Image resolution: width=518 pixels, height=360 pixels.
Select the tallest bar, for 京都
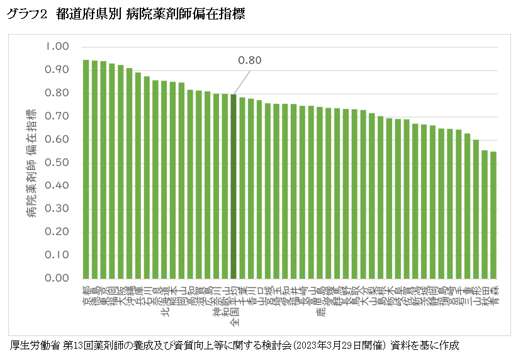pyautogui.click(x=86, y=169)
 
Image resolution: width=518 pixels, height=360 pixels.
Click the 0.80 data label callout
pyautogui.click(x=249, y=60)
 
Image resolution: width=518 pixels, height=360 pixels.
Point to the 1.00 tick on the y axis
pyautogui.click(x=57, y=47)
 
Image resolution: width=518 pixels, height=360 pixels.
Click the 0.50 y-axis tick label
pyautogui.click(x=57, y=163)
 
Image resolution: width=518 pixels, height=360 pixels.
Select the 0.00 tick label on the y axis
pyautogui.click(x=57, y=278)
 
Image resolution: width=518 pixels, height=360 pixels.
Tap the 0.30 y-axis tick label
pyautogui.click(x=57, y=209)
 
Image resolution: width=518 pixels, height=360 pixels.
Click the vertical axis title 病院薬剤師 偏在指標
pyautogui.click(x=31, y=164)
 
